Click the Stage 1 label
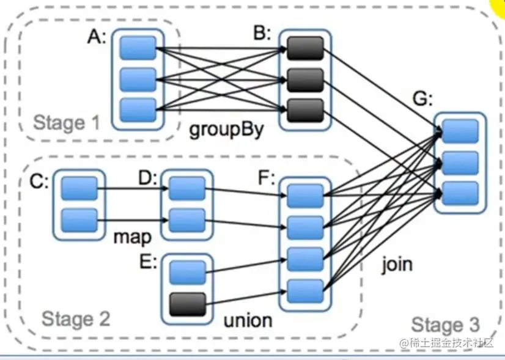(x=68, y=123)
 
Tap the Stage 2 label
(x=76, y=318)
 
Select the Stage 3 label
(x=445, y=325)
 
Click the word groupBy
(x=226, y=130)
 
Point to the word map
(x=131, y=237)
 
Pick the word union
(x=248, y=320)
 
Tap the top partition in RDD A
(x=138, y=47)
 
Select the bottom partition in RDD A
(x=138, y=109)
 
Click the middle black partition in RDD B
(x=304, y=79)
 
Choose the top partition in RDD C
(x=79, y=189)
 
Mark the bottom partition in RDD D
(x=186, y=219)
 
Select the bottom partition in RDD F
(x=304, y=289)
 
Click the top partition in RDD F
(x=304, y=196)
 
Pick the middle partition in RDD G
(x=460, y=163)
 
